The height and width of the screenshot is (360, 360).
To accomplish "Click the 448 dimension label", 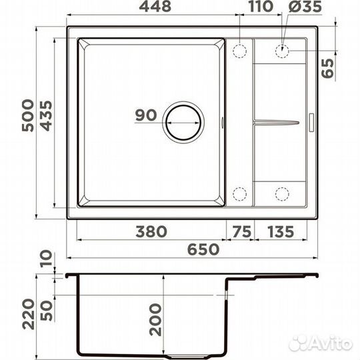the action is [x=155, y=7].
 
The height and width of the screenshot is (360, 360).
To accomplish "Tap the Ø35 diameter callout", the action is [x=305, y=7].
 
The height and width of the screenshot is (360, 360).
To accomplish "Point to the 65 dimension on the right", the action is [x=327, y=68].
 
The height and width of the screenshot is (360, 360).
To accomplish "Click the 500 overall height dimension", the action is [x=28, y=115].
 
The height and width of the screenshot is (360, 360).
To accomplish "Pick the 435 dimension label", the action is [x=46, y=116].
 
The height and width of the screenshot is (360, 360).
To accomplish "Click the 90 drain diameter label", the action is [x=146, y=115].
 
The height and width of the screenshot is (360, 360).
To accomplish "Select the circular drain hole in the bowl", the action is [x=183, y=123].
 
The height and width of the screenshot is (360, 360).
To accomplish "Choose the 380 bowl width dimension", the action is [x=151, y=231].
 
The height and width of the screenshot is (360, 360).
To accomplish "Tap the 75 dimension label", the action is [x=242, y=231].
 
